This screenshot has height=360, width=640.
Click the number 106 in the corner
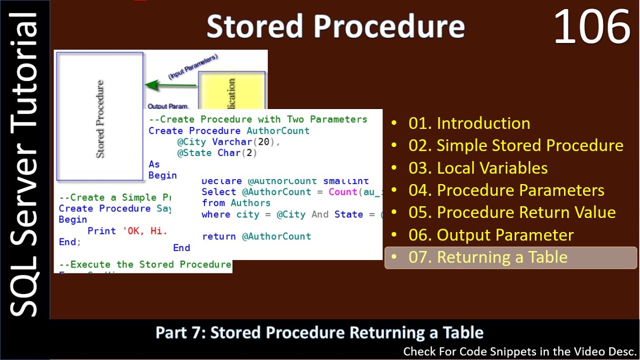591,28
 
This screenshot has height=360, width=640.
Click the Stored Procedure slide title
335,26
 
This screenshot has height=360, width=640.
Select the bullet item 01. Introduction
469,123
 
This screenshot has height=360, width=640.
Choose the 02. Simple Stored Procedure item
515,145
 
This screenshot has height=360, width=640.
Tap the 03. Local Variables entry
478,168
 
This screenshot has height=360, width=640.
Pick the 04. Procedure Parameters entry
506,190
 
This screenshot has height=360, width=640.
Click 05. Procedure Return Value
511,212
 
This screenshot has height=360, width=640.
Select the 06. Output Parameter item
490,235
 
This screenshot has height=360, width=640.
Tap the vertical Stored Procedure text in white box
100,118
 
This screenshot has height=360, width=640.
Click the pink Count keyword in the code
342,192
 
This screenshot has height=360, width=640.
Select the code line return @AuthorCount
256,236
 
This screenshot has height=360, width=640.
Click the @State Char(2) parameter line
217,153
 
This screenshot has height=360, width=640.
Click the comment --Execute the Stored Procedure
145,264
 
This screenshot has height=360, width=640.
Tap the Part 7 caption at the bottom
319,332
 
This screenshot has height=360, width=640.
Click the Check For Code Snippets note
519,351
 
